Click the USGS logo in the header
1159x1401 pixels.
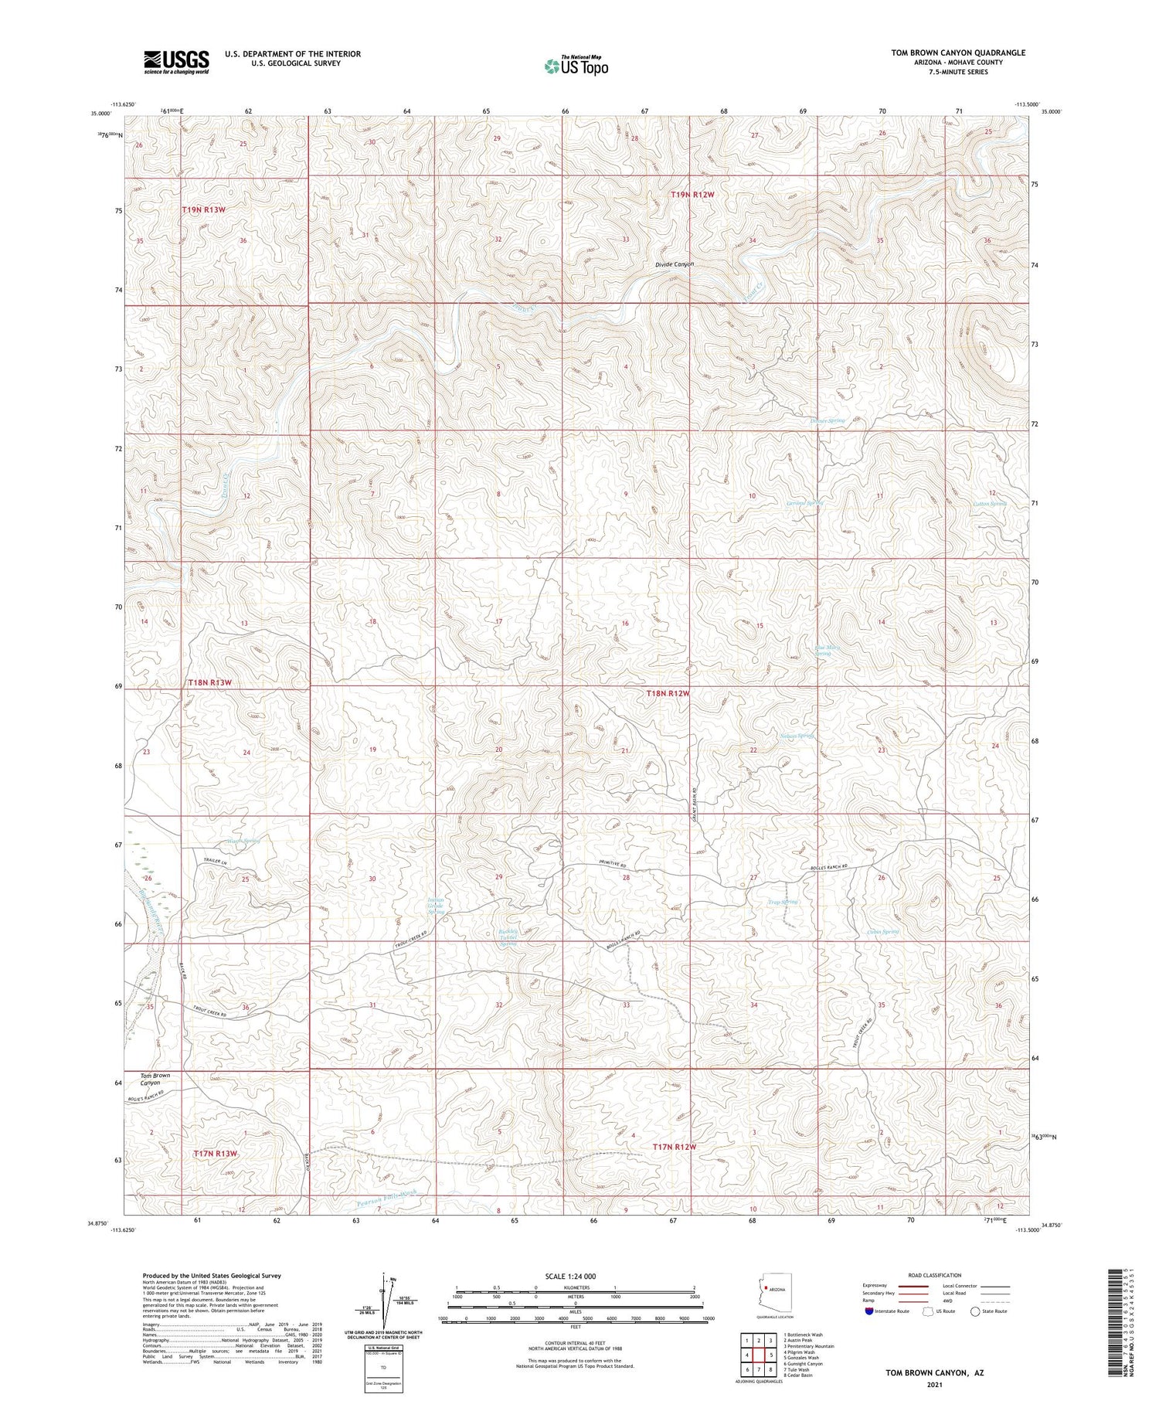coord(176,62)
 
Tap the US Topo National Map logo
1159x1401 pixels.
coord(576,66)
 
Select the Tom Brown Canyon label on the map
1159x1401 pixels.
coord(155,1079)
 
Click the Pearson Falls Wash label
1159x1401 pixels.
coord(387,1199)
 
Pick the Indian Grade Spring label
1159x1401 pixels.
coord(437,906)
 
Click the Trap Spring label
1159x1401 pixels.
coord(782,902)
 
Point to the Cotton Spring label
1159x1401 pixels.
coord(990,504)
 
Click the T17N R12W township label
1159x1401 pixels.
coord(674,1147)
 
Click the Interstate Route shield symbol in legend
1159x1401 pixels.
coord(869,1311)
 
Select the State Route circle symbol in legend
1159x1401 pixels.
coord(976,1311)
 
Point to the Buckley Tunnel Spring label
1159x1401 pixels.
coord(508,937)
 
